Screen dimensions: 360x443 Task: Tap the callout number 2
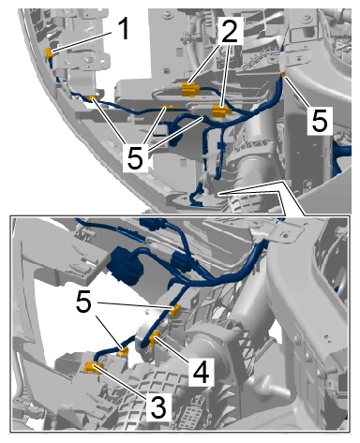[230, 30]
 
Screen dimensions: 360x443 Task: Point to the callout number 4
[201, 372]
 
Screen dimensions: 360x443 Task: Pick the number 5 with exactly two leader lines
[83, 303]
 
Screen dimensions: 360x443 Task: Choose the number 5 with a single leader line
[320, 120]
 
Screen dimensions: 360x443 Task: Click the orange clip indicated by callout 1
[49, 54]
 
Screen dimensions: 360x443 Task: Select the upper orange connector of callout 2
[190, 88]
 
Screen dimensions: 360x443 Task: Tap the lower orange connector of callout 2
[221, 111]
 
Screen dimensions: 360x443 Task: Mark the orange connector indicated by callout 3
[93, 367]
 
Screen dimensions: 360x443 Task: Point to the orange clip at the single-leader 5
[283, 74]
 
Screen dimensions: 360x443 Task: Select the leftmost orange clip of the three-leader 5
[92, 98]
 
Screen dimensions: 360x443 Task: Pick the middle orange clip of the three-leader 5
[165, 108]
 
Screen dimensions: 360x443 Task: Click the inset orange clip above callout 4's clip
[175, 309]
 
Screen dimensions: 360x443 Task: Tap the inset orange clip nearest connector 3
[124, 351]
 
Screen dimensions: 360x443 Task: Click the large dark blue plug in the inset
[125, 265]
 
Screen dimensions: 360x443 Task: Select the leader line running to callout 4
[174, 351]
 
